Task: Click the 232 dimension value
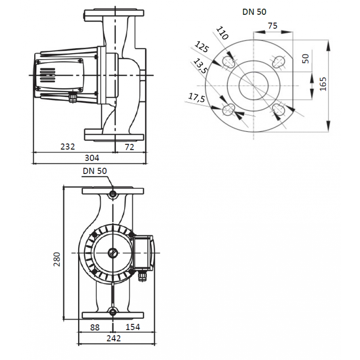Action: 68,147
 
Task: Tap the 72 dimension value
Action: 129,147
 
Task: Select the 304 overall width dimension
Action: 92,158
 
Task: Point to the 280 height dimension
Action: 57,259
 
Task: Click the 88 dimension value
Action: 95,327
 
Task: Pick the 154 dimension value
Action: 133,327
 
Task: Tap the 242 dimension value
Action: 114,338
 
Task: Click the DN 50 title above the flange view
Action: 255,12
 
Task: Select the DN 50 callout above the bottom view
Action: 95,171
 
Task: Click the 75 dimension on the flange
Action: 273,26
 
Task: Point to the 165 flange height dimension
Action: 323,84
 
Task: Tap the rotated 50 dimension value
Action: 305,59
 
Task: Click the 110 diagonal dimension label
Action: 222,33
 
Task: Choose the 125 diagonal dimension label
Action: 202,47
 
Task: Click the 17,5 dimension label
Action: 197,98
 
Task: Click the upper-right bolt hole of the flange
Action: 278,62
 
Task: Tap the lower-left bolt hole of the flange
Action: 229,109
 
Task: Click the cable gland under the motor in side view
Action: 73,96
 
